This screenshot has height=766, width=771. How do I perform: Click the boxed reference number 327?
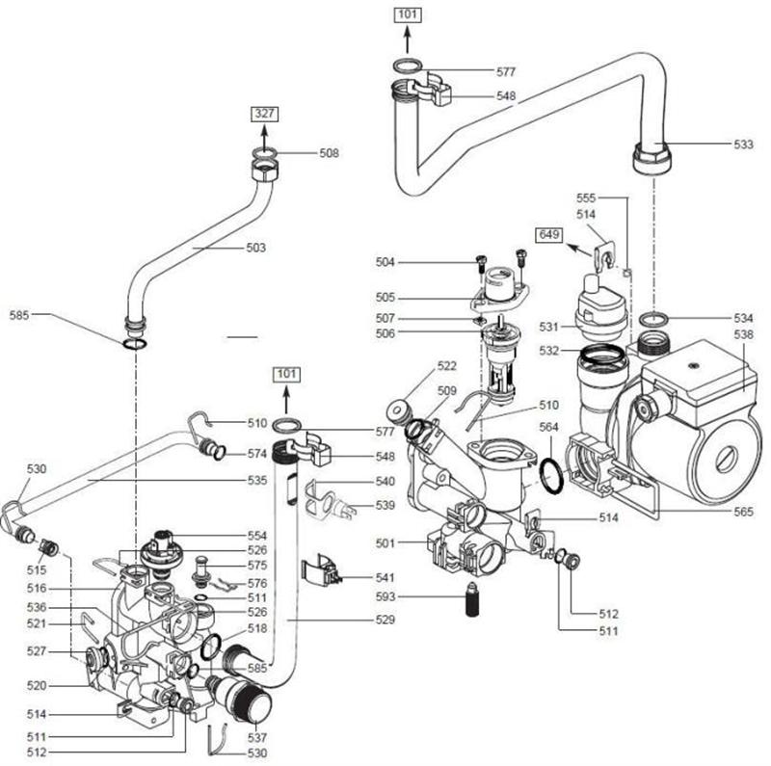(265, 114)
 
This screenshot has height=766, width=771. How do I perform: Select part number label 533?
(743, 145)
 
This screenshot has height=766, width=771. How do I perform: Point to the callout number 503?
(255, 248)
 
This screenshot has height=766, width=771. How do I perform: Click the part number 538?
(743, 334)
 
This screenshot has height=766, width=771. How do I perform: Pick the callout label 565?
(743, 513)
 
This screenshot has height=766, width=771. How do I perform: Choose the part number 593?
(385, 597)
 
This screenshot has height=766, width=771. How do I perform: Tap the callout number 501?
(385, 543)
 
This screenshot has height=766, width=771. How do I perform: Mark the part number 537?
(256, 737)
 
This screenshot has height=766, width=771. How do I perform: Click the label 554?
(256, 535)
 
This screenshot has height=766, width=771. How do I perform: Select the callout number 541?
(385, 578)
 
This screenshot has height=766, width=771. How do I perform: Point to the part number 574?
(256, 453)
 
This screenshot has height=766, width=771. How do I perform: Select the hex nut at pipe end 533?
(652, 156)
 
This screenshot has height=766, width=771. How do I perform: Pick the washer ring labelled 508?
(265, 153)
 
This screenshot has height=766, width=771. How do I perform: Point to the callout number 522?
(447, 366)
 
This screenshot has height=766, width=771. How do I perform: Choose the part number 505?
(385, 297)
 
